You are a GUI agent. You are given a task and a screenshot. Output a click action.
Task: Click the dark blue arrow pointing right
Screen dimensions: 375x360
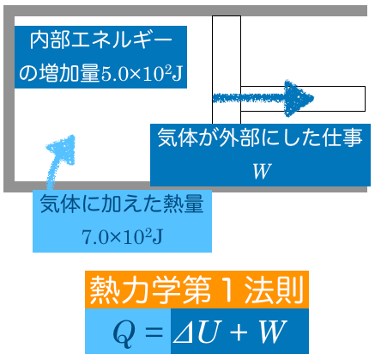(x=263, y=98)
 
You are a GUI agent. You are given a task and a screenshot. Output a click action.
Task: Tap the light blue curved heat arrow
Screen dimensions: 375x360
(x=57, y=161)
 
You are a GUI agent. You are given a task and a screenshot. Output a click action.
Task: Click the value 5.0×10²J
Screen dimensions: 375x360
(x=142, y=74)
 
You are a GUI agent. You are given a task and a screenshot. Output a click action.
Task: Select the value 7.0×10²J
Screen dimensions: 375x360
(x=123, y=236)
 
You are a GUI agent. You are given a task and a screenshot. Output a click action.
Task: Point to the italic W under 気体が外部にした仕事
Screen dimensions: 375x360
(x=261, y=171)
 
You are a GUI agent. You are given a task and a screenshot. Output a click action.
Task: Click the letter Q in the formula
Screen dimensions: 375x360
(x=124, y=333)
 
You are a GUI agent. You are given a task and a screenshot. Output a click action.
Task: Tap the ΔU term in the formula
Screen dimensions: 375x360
(x=194, y=333)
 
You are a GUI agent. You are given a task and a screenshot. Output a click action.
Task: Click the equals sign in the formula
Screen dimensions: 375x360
(x=154, y=333)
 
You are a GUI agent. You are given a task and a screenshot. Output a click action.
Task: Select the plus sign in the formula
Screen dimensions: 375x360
(x=238, y=333)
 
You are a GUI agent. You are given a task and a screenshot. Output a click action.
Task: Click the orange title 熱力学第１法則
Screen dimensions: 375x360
(x=197, y=290)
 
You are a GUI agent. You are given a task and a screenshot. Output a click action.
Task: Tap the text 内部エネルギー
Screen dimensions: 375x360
(x=101, y=40)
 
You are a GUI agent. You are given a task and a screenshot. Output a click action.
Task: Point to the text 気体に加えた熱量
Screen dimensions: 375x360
(x=122, y=204)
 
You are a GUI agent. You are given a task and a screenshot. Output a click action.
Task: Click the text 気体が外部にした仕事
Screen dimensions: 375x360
(x=260, y=137)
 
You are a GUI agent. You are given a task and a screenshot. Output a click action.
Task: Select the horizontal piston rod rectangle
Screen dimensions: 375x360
(x=303, y=99)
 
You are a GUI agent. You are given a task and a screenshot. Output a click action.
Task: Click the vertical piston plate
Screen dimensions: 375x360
(x=227, y=70)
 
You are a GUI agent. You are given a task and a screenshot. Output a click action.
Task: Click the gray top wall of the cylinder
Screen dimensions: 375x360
(x=185, y=11)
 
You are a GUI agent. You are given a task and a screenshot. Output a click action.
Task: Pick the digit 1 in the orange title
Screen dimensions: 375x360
(x=228, y=290)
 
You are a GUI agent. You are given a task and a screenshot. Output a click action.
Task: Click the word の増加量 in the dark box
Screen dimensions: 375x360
(x=59, y=74)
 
